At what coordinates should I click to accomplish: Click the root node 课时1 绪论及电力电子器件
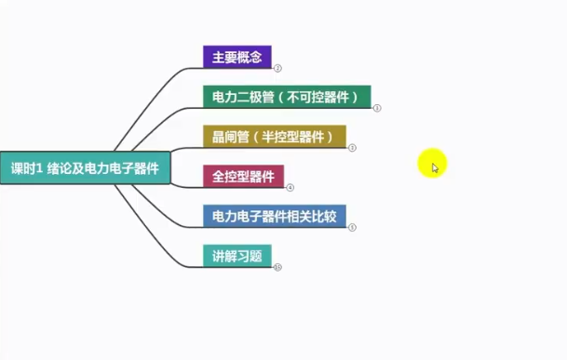85,168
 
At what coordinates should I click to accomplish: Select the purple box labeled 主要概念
236,56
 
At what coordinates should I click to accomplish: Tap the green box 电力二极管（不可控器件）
287,97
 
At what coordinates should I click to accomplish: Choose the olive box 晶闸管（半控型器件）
274,137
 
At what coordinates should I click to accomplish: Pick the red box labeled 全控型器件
243,176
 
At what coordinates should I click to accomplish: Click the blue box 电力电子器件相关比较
274,216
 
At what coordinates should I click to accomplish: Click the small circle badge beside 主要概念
277,68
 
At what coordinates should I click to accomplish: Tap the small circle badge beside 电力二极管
377,108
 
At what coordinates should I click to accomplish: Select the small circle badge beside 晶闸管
352,148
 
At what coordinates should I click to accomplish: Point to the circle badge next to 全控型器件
290,187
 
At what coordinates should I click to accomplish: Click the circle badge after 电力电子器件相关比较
352,227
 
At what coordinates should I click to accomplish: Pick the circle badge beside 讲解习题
277,267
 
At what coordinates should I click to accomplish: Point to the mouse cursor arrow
434,167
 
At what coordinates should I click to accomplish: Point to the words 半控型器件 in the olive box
299,137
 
